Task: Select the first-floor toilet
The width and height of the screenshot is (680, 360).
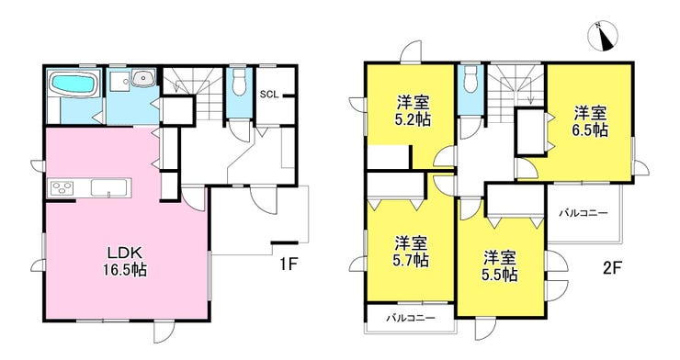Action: tap(238, 83)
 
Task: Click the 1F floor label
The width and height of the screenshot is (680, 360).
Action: tap(290, 264)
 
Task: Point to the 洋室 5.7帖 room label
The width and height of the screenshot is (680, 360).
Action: tap(411, 251)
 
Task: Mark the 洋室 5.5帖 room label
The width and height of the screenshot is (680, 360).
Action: tap(500, 264)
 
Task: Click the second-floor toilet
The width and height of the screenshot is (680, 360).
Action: tap(469, 81)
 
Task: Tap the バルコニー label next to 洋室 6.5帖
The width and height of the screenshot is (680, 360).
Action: tap(583, 213)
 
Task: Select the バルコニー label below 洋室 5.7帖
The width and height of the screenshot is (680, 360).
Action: tap(408, 319)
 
